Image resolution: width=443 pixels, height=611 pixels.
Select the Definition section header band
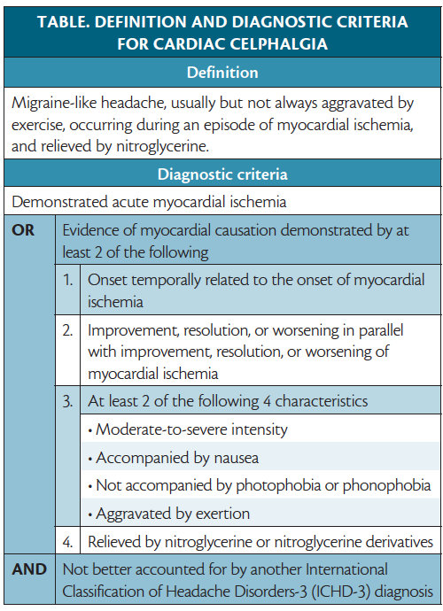pyautogui.click(x=221, y=73)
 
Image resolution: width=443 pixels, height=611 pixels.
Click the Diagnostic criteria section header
pyautogui.click(x=221, y=174)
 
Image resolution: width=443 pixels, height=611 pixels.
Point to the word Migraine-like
pyautogui.click(x=54, y=103)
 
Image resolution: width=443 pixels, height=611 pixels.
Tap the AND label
pyautogui.click(x=29, y=568)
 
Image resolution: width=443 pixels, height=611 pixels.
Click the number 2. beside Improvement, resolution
pyautogui.click(x=67, y=331)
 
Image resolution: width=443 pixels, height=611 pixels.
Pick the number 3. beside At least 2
pyautogui.click(x=67, y=400)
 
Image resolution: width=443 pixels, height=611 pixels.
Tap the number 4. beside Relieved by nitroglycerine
pyautogui.click(x=67, y=541)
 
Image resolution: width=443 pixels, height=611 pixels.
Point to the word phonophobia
pyautogui.click(x=389, y=485)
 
